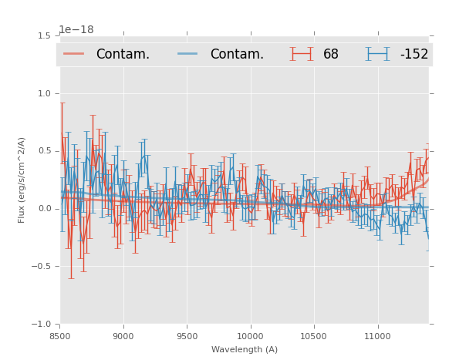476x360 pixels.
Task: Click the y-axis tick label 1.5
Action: point(43,35)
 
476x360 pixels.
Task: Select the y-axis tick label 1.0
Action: point(43,93)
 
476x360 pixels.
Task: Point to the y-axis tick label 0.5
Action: point(43,151)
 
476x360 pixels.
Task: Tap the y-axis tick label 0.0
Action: point(43,209)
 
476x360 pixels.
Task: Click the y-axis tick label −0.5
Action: point(41,267)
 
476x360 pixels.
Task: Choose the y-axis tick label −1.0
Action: point(41,325)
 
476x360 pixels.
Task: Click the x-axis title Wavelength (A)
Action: point(245,349)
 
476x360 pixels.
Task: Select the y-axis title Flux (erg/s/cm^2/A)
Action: point(22,180)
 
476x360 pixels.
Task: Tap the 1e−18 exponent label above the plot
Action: point(76,30)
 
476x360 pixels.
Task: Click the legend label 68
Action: point(331,54)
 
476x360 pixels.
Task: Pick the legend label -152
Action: point(414,54)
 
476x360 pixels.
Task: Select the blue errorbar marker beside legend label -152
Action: point(378,54)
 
